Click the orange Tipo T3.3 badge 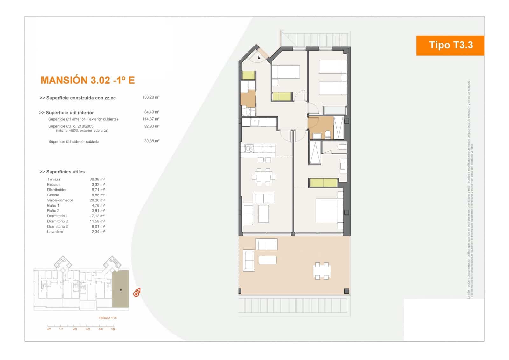pyautogui.click(x=450, y=45)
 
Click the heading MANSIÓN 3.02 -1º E pyautogui.click(x=88, y=80)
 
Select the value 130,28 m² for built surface pyautogui.click(x=151, y=97)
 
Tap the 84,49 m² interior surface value pyautogui.click(x=152, y=112)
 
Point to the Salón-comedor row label pyautogui.click(x=60, y=200)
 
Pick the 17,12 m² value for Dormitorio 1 pyautogui.click(x=98, y=216)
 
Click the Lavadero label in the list pyautogui.click(x=55, y=232)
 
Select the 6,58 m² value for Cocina pyautogui.click(x=98, y=195)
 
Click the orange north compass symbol pyautogui.click(x=137, y=292)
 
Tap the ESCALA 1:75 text pyautogui.click(x=108, y=318)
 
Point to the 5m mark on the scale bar pyautogui.click(x=113, y=329)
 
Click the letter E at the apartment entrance pyautogui.click(x=259, y=57)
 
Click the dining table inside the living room pyautogui.click(x=263, y=177)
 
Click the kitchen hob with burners pyautogui.click(x=249, y=148)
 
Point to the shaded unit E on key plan pyautogui.click(x=121, y=289)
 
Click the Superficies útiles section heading pyautogui.click(x=62, y=172)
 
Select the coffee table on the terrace pyautogui.click(x=268, y=260)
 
